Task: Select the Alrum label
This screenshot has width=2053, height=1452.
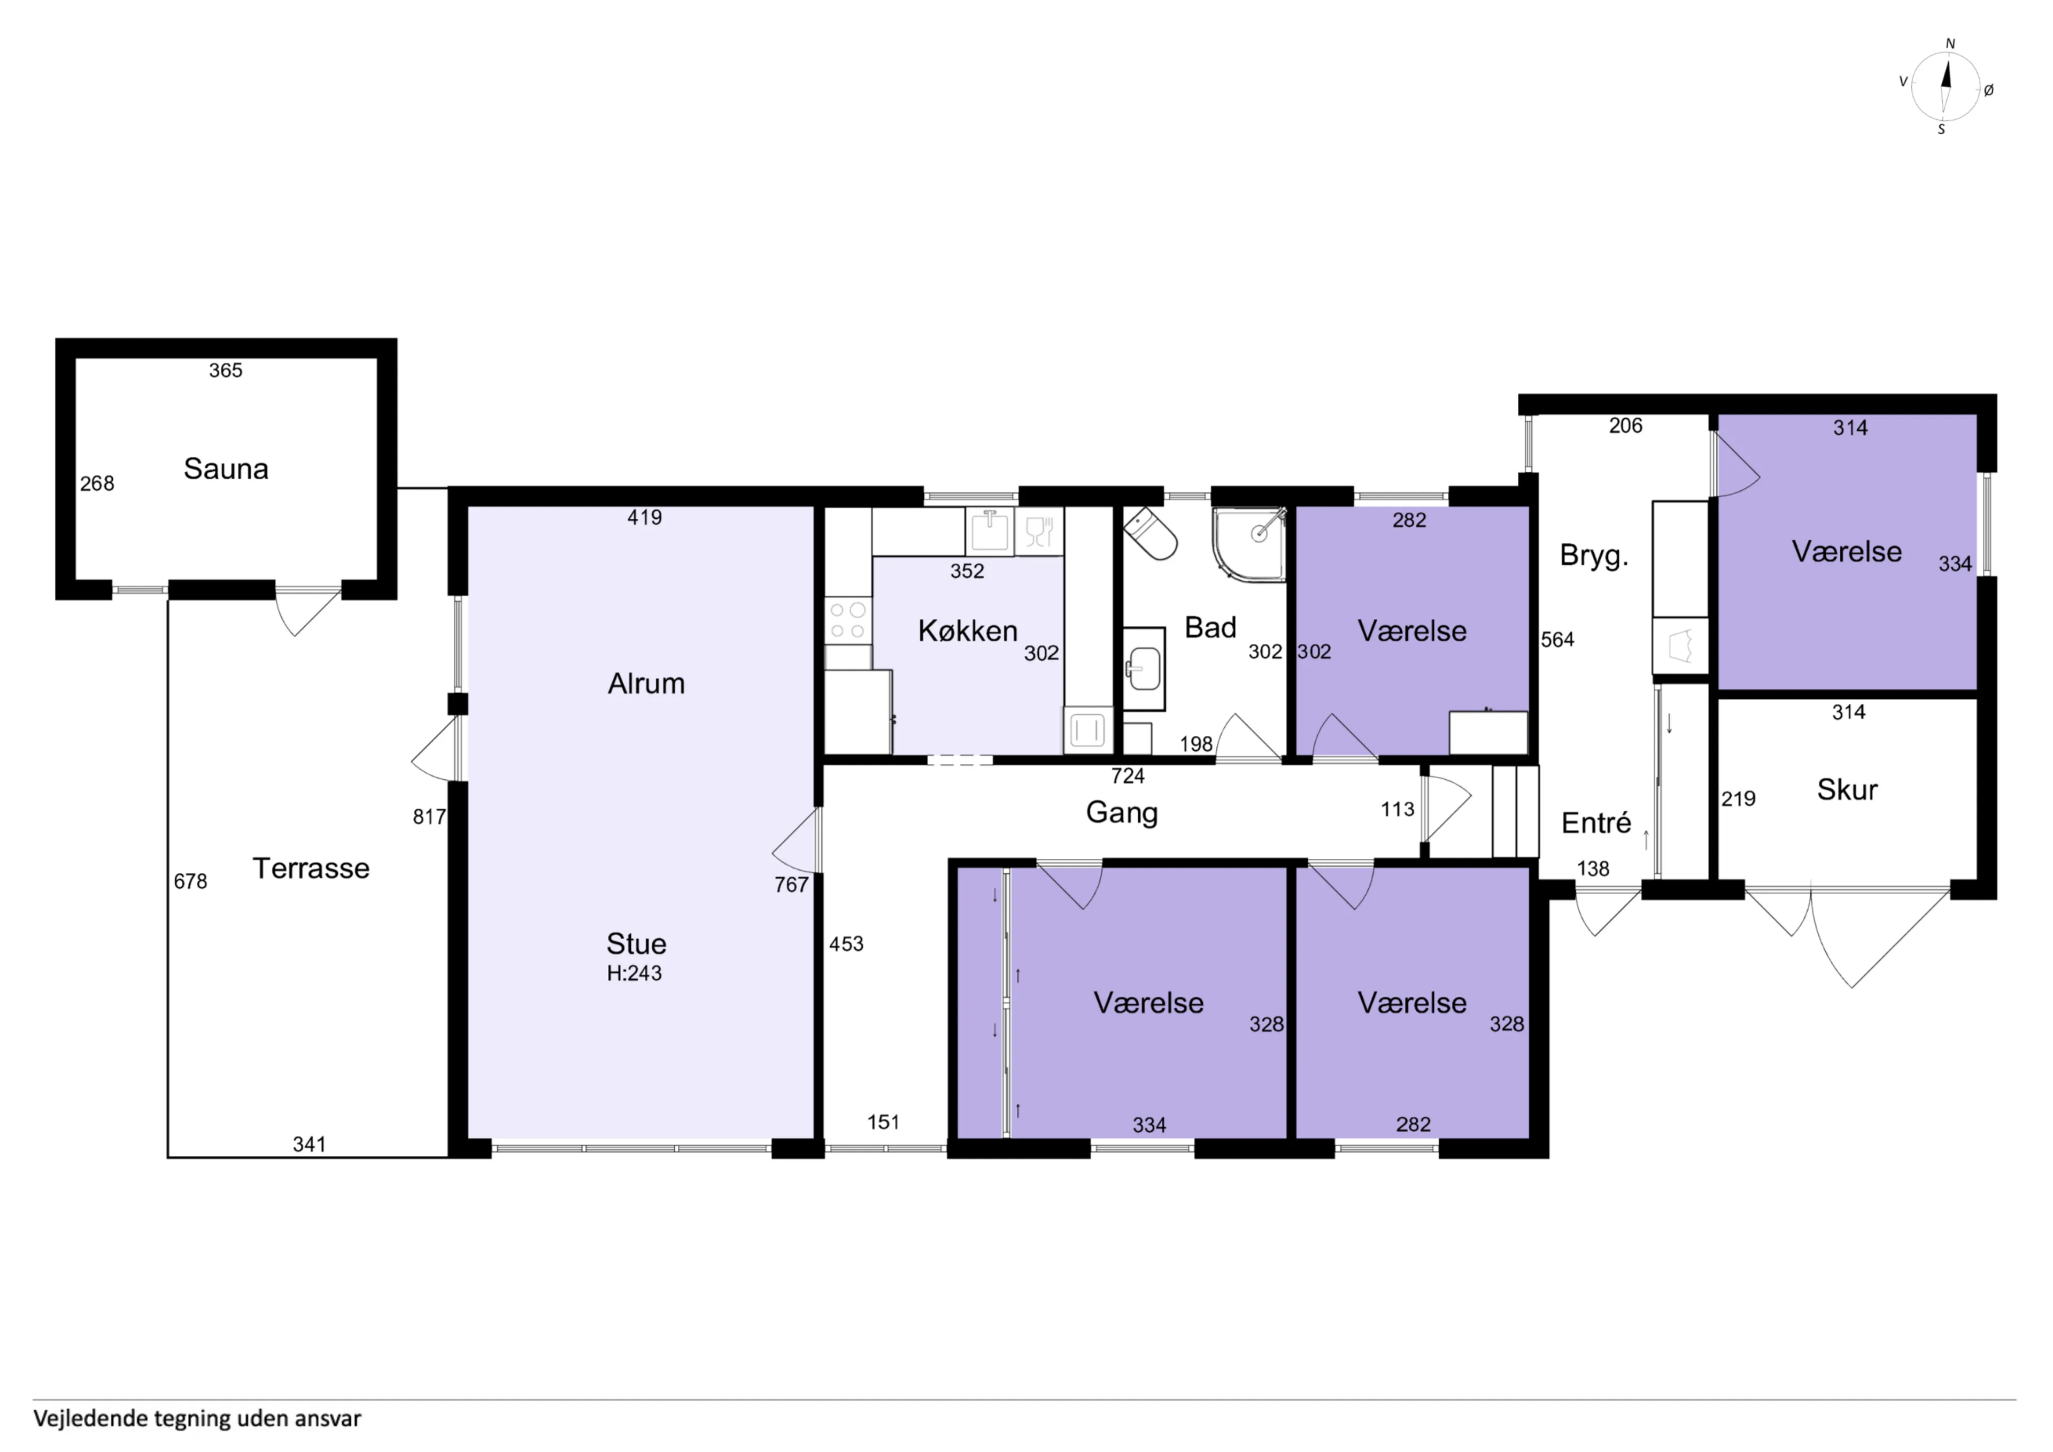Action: (x=646, y=683)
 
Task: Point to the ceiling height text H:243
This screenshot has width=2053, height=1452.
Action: (x=634, y=973)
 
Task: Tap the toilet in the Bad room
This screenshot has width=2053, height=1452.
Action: (x=1150, y=533)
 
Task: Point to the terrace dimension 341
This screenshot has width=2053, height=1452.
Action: (x=310, y=1144)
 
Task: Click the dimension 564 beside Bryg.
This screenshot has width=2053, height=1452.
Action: (x=1557, y=640)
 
